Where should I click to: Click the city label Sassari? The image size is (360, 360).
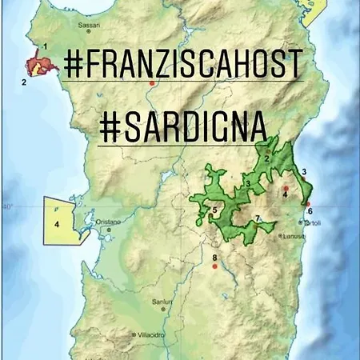(87, 26)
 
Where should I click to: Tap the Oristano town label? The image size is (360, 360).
(108, 222)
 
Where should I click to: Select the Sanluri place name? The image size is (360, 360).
(162, 302)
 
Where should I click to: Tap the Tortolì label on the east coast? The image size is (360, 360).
(313, 222)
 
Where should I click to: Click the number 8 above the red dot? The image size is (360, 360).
(214, 257)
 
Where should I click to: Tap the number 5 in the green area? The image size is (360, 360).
(214, 210)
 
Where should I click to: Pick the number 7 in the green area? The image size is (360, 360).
(257, 218)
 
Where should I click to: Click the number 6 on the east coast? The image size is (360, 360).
(310, 211)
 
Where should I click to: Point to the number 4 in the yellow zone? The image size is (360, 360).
(57, 224)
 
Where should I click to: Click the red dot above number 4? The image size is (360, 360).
(286, 187)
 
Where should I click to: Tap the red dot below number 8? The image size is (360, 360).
(214, 266)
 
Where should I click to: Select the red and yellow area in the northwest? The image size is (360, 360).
(37, 64)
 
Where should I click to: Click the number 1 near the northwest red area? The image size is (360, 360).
(46, 48)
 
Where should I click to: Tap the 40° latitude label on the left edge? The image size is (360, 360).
(7, 206)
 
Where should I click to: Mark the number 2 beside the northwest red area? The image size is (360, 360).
(24, 82)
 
